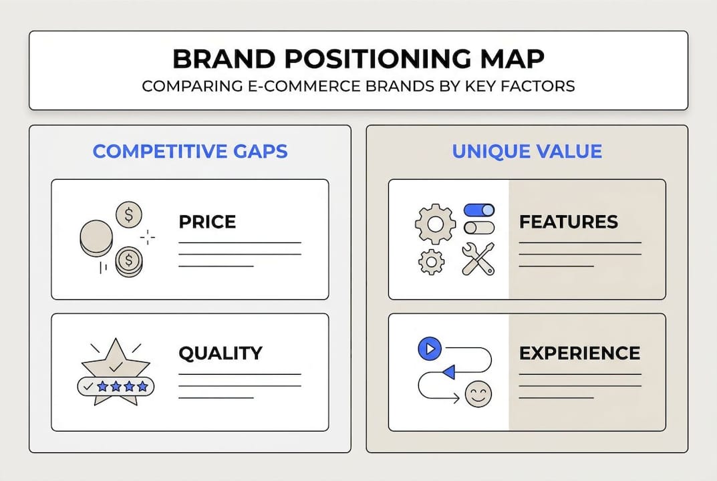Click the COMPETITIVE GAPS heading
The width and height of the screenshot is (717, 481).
coord(190,151)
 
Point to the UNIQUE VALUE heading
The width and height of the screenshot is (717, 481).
coord(527,151)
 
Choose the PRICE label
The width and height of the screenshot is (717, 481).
coord(207,222)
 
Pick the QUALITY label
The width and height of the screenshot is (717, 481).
coord(221,353)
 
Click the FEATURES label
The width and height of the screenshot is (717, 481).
coord(568,222)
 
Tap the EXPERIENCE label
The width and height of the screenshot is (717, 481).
coord(579,353)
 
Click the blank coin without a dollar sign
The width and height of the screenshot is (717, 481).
coord(96,238)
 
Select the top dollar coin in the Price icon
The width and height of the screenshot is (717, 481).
coord(128,215)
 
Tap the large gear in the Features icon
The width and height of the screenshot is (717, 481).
coord(435,224)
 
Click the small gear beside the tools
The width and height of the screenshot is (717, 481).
coord(431,261)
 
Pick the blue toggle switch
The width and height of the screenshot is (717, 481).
coord(479,210)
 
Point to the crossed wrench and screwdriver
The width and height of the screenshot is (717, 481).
coord(478,259)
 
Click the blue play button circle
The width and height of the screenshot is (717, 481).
coord(430,348)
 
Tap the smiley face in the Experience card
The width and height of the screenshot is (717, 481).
coord(477,393)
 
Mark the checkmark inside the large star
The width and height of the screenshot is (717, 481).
coord(115,366)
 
